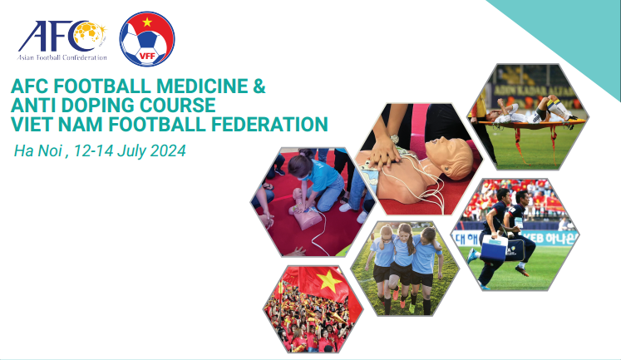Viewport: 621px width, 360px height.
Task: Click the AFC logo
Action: coord(62,37)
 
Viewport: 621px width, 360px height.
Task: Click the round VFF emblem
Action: coord(147,39)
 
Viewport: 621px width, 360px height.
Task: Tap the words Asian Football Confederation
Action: coord(63,57)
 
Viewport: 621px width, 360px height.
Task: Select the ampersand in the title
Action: coord(259,86)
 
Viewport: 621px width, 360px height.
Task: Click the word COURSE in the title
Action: coord(174,106)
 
